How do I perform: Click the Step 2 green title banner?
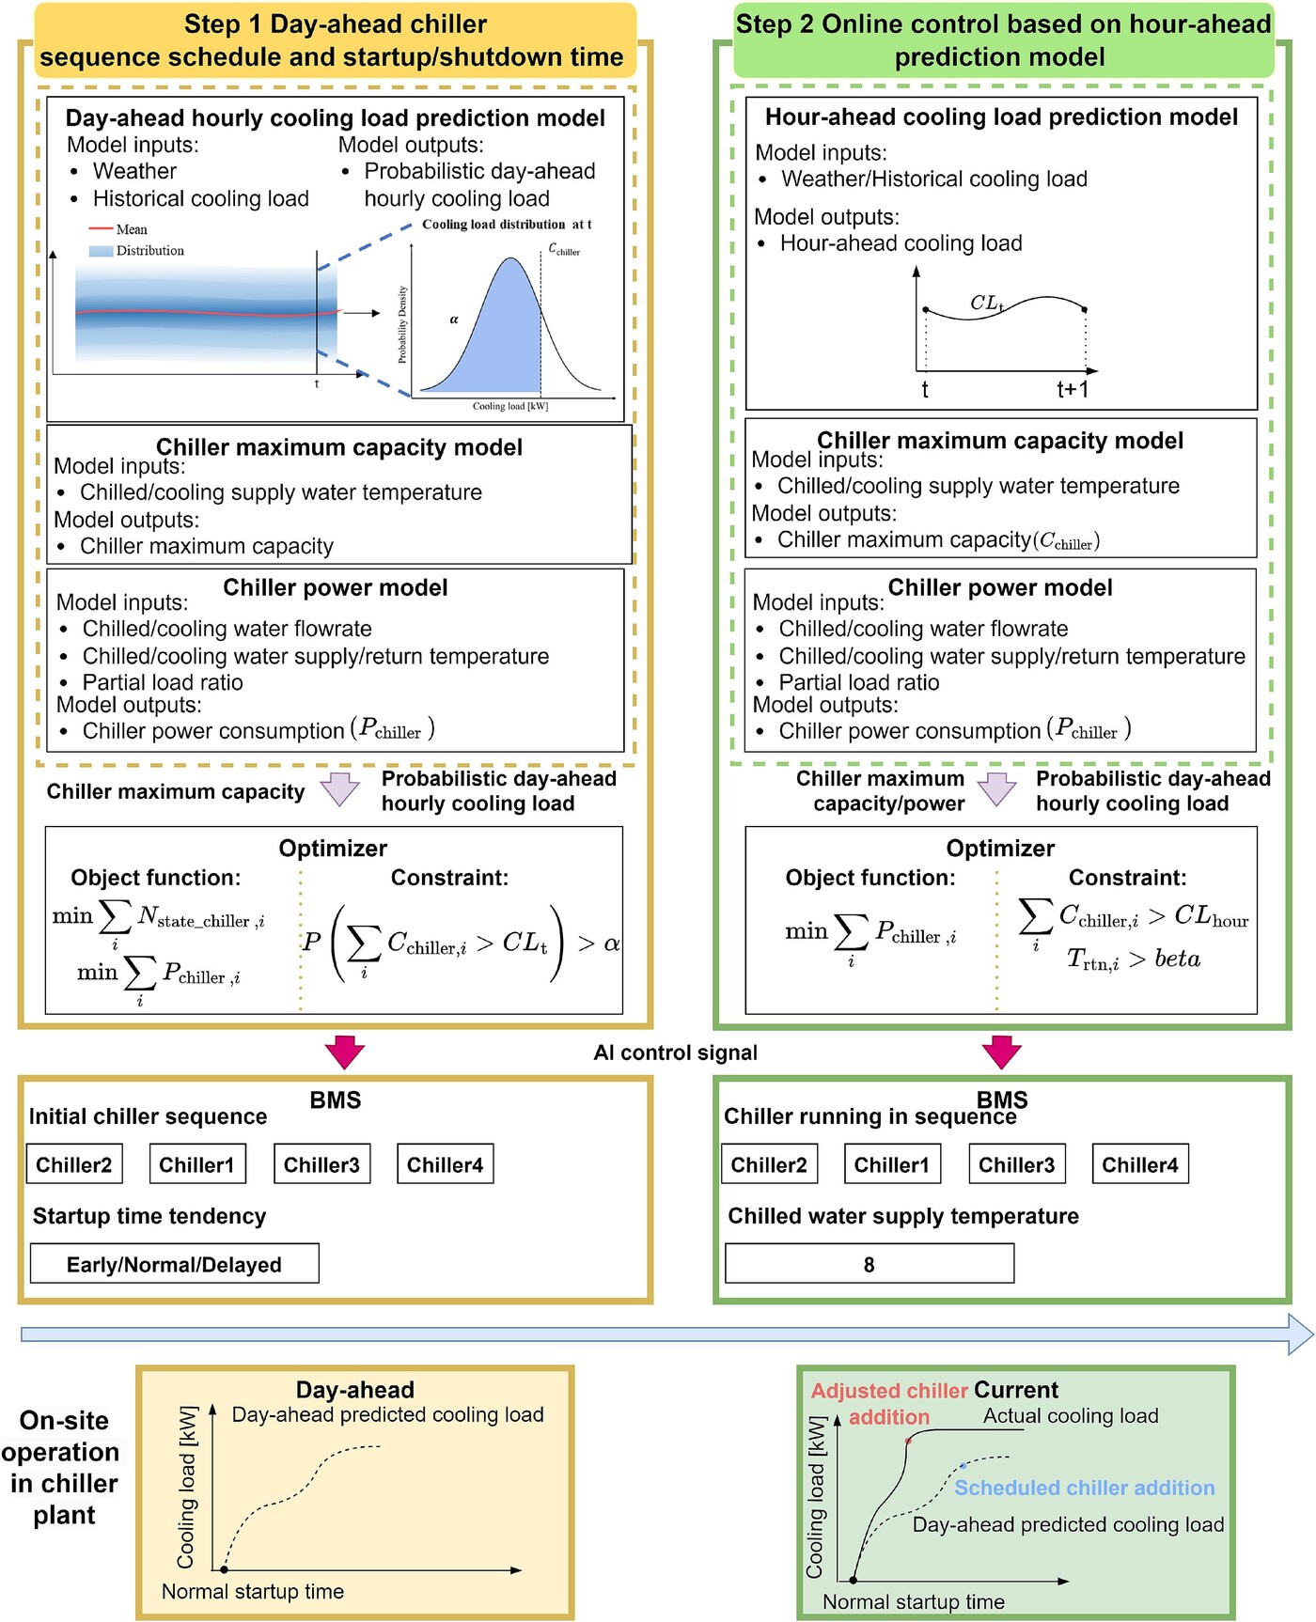pos(1002,40)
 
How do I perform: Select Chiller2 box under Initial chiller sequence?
pos(73,1164)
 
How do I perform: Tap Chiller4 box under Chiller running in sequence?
pos(1139,1164)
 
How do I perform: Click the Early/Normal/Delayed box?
pos(174,1264)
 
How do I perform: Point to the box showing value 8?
pos(869,1264)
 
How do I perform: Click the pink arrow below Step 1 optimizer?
pos(344,1051)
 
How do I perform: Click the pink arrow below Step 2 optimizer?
pos(1001,1051)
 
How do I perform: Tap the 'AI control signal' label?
pos(675,1053)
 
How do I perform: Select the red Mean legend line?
pos(101,228)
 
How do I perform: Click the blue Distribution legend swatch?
pos(101,251)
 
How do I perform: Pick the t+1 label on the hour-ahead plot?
pos(1073,389)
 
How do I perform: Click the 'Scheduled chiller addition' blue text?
pos(1084,1488)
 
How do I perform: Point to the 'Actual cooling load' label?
pos(1071,1415)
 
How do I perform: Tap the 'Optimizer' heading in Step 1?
pos(333,848)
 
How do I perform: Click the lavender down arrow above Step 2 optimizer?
pos(996,788)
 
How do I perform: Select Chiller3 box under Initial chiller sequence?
pos(321,1164)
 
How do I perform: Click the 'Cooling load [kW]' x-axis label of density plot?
pos(509,406)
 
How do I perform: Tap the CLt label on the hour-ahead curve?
pos(987,303)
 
